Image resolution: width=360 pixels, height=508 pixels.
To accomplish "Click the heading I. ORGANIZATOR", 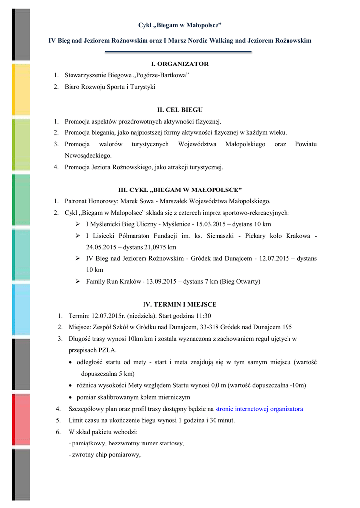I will tap(180, 64).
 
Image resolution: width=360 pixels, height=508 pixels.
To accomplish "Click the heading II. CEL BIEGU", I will tap(180, 110).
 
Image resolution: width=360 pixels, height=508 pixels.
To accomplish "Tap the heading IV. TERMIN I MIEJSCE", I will tap(180, 304).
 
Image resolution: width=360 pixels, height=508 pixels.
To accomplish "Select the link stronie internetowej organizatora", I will tap(259, 409).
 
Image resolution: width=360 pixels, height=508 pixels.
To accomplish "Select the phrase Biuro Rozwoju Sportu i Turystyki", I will tap(110, 87).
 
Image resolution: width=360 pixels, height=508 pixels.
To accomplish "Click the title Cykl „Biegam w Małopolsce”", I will tap(180, 25).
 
